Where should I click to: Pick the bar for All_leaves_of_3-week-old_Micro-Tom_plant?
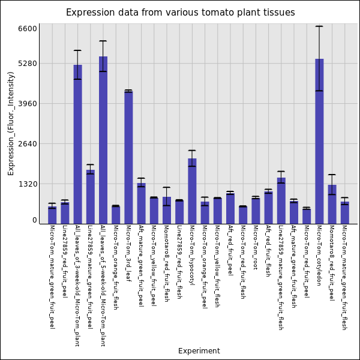pyautogui.click(x=77, y=144)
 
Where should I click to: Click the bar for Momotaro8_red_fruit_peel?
pyautogui.click(x=332, y=204)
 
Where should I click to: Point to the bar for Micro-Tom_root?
pyautogui.click(x=256, y=211)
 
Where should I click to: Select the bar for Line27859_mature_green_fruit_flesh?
pyautogui.click(x=281, y=200)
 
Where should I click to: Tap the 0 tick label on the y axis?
pyautogui.click(x=35, y=220)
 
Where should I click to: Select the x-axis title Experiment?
pyautogui.click(x=199, y=351)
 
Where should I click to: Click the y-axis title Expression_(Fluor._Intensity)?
pyautogui.click(x=11, y=123)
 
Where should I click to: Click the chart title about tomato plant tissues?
pyautogui.click(x=180, y=13)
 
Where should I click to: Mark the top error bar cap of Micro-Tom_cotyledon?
pyautogui.click(x=319, y=26)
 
